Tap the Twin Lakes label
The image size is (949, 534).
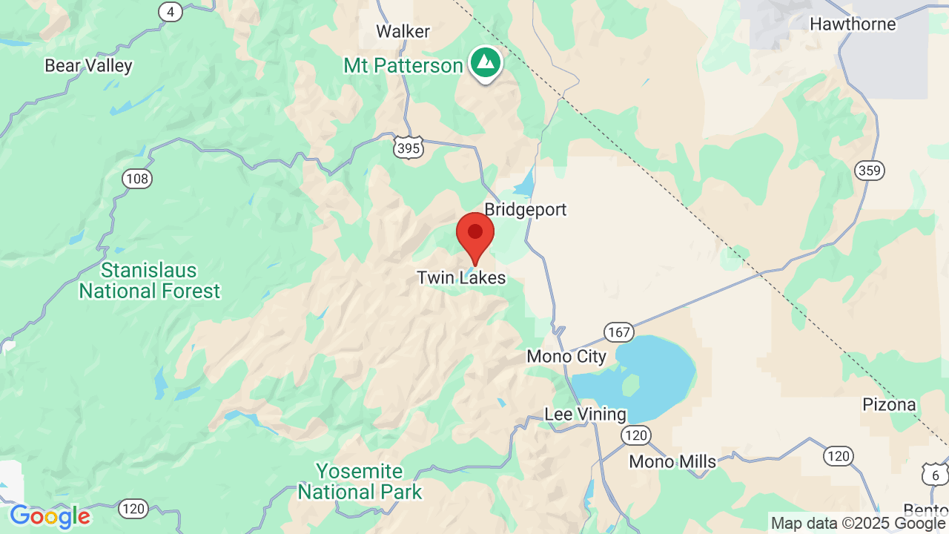(461, 278)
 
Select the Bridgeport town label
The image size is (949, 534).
(525, 210)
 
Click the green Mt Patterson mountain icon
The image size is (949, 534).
(485, 64)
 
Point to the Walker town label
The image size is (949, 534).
(403, 32)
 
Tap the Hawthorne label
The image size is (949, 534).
(853, 24)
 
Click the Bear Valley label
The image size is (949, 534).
(88, 66)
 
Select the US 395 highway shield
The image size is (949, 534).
(409, 147)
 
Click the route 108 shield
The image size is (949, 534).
(137, 179)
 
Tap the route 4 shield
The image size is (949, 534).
(171, 12)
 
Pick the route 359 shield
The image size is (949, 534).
(869, 171)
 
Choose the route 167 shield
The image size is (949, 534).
(618, 331)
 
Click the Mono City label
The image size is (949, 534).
(566, 357)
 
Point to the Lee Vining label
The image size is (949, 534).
(585, 415)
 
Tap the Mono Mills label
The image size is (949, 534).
(672, 462)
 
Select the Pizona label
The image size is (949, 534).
(889, 405)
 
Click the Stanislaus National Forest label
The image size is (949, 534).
(150, 280)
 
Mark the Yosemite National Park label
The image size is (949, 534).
(360, 481)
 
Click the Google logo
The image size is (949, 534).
(50, 516)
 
